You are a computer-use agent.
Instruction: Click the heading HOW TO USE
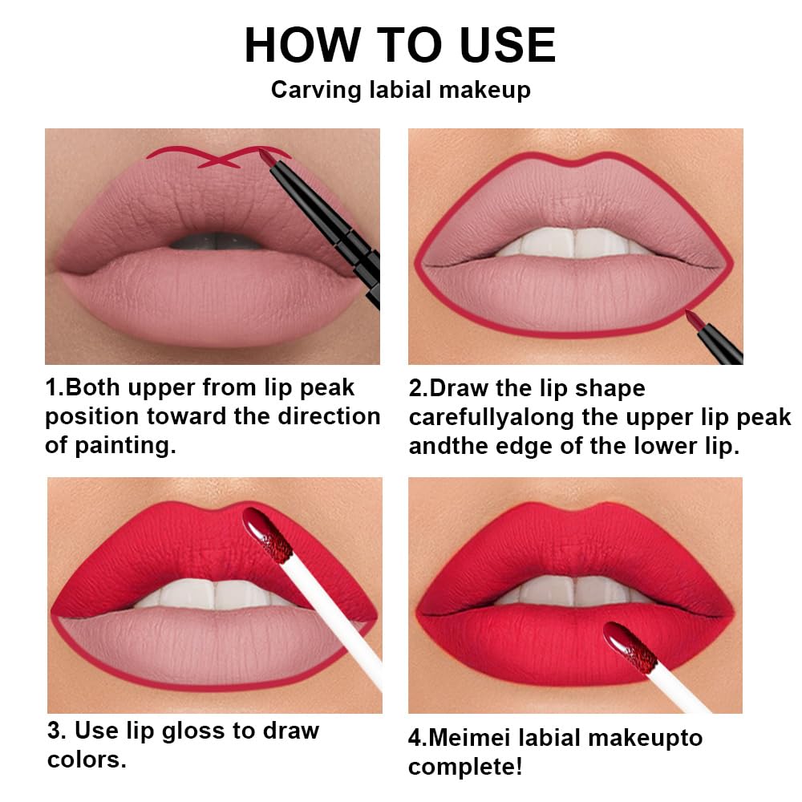399,45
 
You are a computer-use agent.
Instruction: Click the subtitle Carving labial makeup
400,89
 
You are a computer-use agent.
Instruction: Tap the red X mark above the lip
219,158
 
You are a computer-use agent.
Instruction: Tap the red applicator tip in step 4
630,646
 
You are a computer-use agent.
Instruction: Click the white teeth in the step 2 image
573,242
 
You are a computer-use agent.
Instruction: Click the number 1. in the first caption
54,388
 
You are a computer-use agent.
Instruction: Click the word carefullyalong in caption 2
494,418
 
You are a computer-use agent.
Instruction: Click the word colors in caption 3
86,759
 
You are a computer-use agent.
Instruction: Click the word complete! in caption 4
465,766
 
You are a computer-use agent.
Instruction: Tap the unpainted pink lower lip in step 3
213,642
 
